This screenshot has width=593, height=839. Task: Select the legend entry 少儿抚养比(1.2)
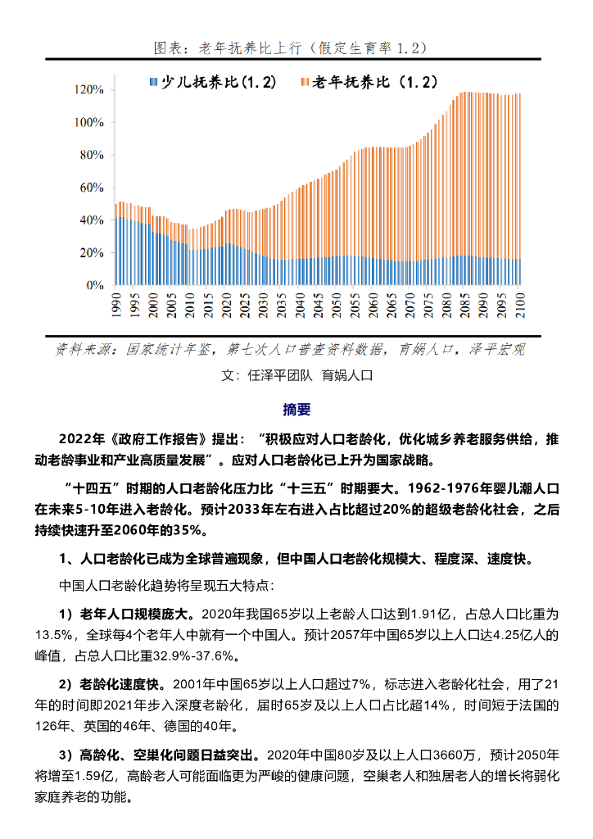coord(214,83)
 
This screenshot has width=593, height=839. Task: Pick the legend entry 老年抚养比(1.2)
coord(371,83)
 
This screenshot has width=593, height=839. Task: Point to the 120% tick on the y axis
coord(89,89)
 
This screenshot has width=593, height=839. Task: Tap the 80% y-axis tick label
coord(92,155)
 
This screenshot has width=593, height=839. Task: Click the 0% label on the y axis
coord(95,286)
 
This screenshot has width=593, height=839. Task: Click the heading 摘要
coord(296,409)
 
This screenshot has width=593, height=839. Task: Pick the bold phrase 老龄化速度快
coord(125,684)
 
